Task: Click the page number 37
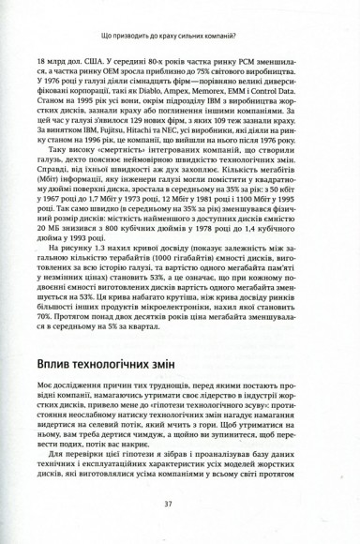(x=180, y=504)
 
